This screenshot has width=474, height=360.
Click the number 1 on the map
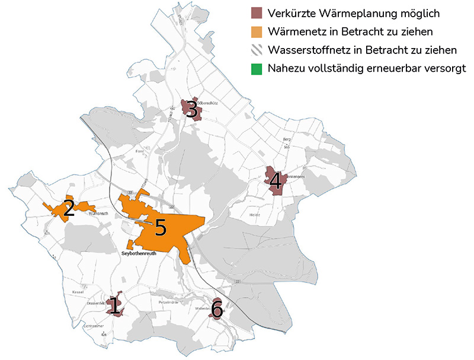(114, 307)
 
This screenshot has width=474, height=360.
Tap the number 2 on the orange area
(69, 208)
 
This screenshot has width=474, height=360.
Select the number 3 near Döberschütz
(191, 109)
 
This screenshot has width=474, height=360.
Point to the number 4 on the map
(275, 183)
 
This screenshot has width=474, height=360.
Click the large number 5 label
(160, 228)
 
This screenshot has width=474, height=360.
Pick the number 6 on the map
(217, 309)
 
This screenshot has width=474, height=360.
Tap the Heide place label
(255, 215)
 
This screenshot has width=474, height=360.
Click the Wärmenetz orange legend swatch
(256, 31)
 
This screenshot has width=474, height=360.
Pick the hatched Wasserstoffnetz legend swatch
(256, 49)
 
